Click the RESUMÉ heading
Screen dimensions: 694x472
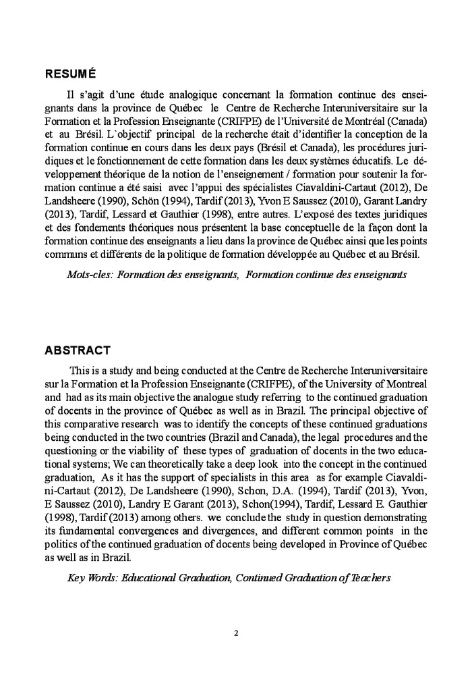point(71,73)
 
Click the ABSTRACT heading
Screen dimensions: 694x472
point(78,350)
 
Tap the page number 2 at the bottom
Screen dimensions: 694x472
point(236,633)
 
